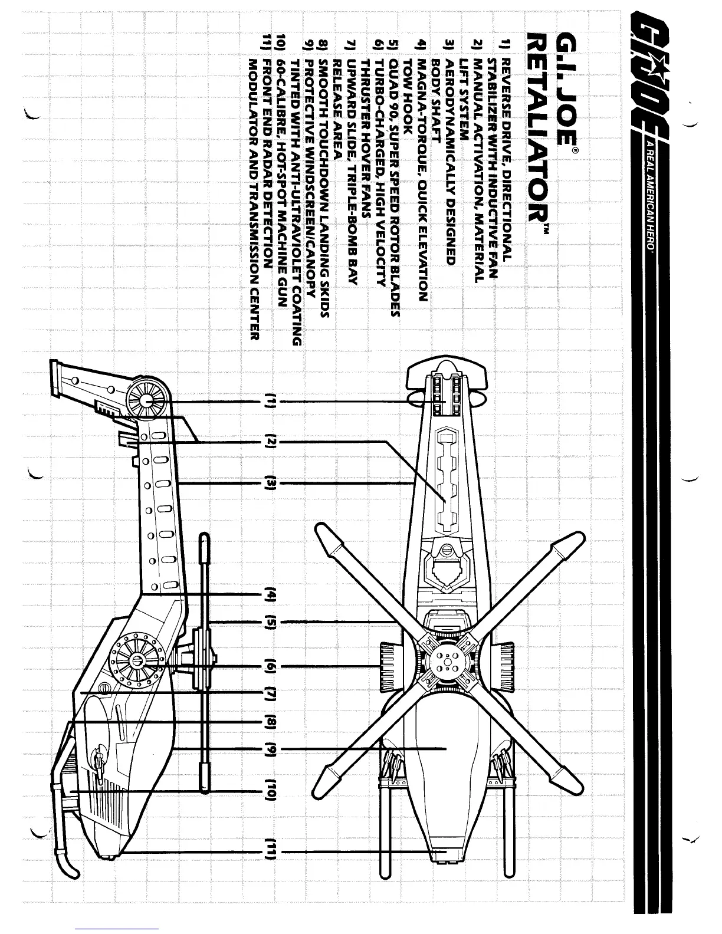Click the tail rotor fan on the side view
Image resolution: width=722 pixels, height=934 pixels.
(146, 400)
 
